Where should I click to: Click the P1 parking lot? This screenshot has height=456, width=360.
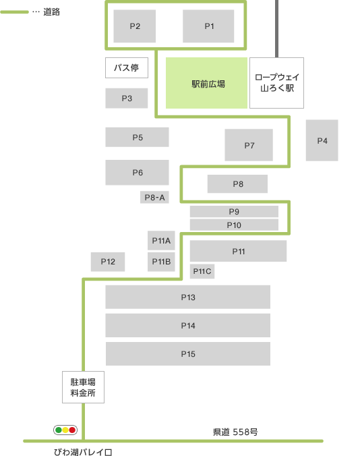point(208,26)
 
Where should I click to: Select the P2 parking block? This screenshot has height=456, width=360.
point(135,26)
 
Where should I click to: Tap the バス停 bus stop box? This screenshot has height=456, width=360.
point(127,67)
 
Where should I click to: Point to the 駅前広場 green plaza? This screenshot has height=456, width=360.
point(206,83)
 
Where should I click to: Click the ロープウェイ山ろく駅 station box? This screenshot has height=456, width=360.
point(276,83)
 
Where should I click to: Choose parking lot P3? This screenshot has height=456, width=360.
point(127,98)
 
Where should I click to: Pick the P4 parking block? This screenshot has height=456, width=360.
point(322,140)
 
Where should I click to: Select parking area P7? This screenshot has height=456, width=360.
point(249,145)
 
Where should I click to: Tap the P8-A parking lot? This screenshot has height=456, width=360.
point(154,198)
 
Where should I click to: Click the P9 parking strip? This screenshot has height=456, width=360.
point(234,212)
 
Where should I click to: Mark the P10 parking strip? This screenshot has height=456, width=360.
point(234,225)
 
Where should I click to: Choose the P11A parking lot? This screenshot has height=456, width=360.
point(161,241)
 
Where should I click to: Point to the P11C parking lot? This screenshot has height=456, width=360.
point(202,271)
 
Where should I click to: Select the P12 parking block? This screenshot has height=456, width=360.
point(108,262)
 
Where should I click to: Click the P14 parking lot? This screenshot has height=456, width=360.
point(188,325)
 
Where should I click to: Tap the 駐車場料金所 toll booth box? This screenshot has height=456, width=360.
point(83,387)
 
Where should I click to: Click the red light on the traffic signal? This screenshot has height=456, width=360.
point(72,430)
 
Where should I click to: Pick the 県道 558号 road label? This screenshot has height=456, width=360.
point(235,432)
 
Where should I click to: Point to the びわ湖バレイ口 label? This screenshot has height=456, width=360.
point(83,452)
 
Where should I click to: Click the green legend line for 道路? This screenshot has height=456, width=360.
point(15,12)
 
